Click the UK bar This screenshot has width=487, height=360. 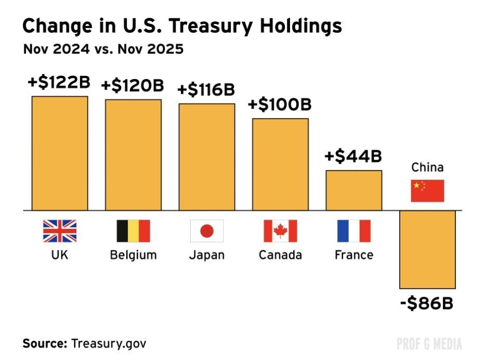point(60,153)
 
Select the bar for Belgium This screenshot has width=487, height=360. point(134,155)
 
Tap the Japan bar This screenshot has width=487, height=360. point(207,157)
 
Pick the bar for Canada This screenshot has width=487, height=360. point(281,164)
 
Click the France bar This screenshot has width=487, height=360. point(354,190)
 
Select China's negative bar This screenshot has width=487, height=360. point(428,249)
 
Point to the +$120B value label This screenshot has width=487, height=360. point(133,85)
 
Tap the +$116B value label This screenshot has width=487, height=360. point(206,89)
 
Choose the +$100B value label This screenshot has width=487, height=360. point(280,105)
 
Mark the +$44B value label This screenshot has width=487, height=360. point(353,156)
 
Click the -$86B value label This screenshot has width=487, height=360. point(427,303)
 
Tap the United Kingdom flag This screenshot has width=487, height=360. point(60,231)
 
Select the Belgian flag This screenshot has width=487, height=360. point(134,231)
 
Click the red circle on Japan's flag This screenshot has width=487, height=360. point(207,231)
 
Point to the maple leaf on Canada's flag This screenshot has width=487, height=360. point(281,231)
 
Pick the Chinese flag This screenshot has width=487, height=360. point(428,191)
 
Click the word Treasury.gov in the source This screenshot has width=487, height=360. point(109,343)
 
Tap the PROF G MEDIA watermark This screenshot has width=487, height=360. point(429,343)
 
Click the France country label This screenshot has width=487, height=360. point(354,255)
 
